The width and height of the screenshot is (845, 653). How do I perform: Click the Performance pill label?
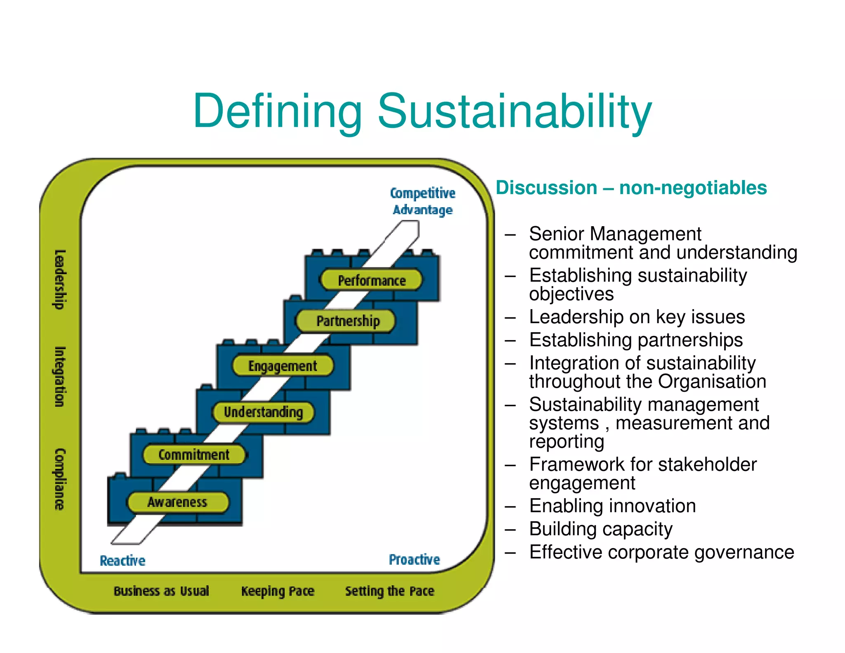point(371,280)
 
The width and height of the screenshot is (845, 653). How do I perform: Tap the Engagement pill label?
point(283,366)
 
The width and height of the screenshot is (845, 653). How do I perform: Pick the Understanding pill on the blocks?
point(263,412)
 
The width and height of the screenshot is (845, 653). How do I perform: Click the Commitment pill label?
point(194,454)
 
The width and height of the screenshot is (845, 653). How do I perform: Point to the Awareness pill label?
point(177,502)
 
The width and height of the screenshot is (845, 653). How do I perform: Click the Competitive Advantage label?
point(422,201)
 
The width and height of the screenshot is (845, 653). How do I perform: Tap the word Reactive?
point(123,561)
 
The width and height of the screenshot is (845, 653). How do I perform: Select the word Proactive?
point(414,559)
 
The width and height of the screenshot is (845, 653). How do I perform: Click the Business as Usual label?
point(161,591)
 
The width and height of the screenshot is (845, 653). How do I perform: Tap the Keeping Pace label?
point(278,591)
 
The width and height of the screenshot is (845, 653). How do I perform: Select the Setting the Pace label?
point(389,591)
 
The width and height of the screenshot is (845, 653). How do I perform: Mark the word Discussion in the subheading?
point(546,188)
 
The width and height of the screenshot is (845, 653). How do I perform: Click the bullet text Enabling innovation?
point(612,506)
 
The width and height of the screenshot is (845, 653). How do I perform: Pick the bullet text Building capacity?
point(601,529)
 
